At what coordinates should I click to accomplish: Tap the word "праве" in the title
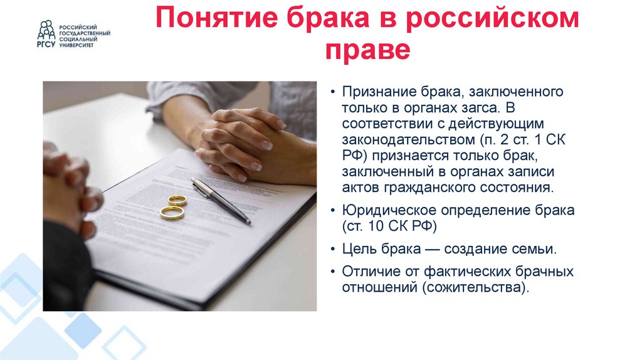tap(367, 51)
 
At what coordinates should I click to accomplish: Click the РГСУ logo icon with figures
tap(46, 29)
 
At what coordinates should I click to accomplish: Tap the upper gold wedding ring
tap(177, 201)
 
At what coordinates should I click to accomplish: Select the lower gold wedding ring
tap(172, 213)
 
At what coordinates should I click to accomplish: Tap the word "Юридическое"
tap(383, 210)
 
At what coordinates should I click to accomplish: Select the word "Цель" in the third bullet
tap(357, 249)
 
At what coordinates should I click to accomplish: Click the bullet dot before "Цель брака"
tap(333, 250)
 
